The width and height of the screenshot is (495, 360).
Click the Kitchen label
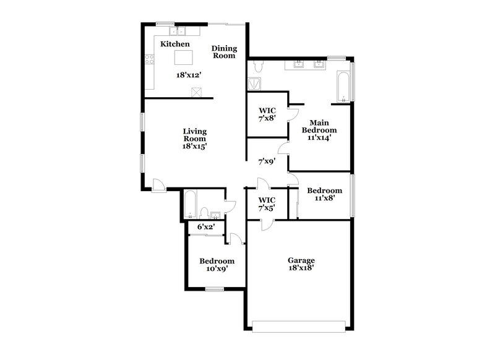tap(174, 45)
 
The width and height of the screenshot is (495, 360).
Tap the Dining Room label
tap(224, 52)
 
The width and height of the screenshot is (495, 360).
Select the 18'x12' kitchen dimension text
tap(188, 74)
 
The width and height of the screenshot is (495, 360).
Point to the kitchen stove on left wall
tap(149, 60)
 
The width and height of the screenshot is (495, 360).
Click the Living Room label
tap(194, 139)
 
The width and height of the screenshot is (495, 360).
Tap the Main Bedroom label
tap(319, 130)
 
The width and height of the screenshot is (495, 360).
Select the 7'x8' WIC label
tap(267, 116)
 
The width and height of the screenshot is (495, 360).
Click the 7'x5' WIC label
tap(267, 204)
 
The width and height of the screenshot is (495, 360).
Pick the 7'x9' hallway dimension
tap(267, 162)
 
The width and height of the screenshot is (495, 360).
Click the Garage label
tap(301, 265)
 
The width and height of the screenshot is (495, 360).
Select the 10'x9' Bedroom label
tap(217, 265)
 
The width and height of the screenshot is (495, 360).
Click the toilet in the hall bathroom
tap(204, 213)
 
